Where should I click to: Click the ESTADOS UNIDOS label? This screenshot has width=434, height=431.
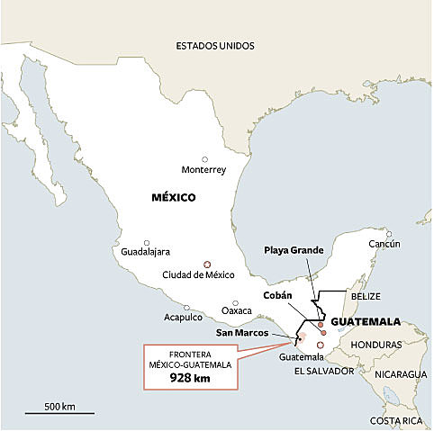[215, 45]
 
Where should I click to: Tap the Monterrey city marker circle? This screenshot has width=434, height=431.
[204, 158]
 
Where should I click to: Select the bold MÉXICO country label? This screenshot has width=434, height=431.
[173, 197]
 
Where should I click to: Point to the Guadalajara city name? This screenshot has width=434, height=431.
[146, 252]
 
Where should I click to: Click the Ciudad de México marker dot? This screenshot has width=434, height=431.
[207, 265]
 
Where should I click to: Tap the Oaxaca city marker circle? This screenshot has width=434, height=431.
[235, 303]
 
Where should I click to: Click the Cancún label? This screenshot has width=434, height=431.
[384, 244]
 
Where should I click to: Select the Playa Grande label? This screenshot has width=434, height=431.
[289, 251]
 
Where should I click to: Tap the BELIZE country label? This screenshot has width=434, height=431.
[366, 296]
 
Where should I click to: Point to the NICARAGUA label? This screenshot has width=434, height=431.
[402, 373]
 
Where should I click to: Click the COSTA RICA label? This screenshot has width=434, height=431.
[397, 420]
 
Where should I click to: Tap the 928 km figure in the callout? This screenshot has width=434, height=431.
[191, 379]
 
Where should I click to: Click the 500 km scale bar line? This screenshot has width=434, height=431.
[59, 412]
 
